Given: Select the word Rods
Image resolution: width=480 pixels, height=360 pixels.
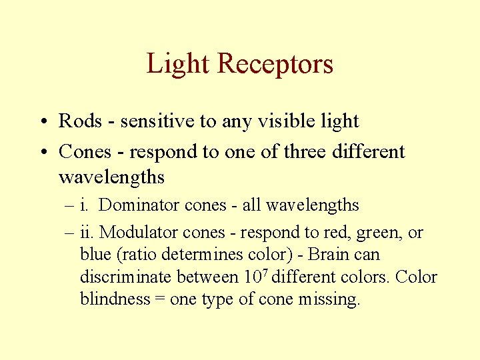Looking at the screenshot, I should [79, 121].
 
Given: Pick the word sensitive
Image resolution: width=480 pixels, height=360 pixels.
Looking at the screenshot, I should [148, 121].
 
